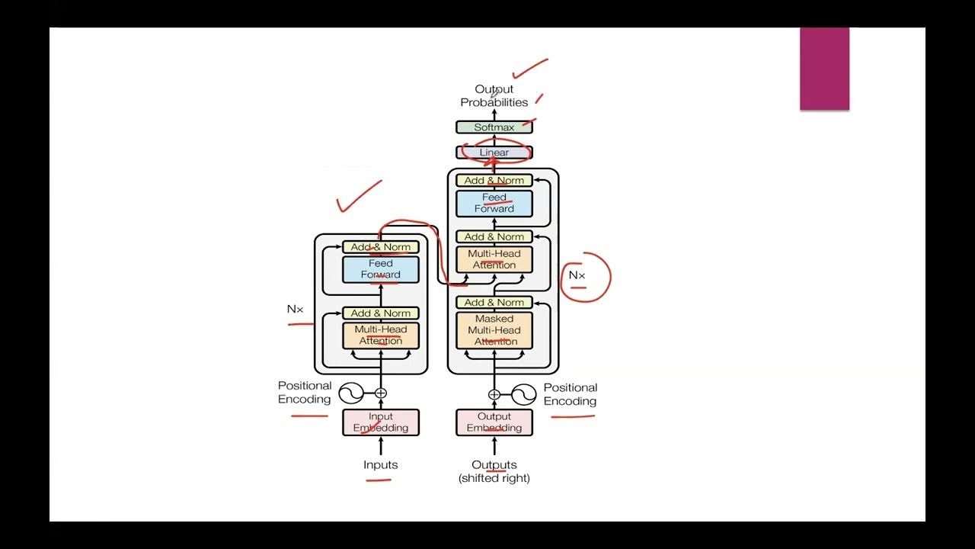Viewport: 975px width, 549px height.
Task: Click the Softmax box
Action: (x=494, y=127)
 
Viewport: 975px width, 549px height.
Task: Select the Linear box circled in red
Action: (x=494, y=152)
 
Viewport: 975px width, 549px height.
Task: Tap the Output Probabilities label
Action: (x=494, y=96)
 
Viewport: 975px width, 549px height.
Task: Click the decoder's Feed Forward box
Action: (x=494, y=203)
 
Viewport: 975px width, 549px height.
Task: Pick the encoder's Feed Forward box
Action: (x=380, y=269)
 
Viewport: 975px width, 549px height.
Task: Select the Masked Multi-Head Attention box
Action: (x=494, y=330)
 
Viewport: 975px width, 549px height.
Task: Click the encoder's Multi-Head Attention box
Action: (x=380, y=335)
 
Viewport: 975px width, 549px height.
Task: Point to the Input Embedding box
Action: (x=380, y=422)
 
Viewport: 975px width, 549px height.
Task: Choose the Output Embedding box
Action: (x=494, y=422)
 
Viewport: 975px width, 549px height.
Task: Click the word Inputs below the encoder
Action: (x=380, y=464)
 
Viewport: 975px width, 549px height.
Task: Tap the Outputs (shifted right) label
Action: (x=494, y=471)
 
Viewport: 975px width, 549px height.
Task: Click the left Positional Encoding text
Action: (x=305, y=393)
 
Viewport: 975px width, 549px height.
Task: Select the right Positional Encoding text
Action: (x=570, y=394)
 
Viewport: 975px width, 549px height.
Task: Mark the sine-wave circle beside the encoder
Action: (x=350, y=393)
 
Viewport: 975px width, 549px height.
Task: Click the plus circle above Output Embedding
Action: (x=494, y=394)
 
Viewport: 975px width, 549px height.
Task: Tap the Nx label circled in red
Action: (x=577, y=275)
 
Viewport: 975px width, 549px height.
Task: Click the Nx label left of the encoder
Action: (x=295, y=309)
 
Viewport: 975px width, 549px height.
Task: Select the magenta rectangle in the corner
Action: (x=824, y=69)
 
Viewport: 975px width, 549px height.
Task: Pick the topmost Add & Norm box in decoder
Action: (x=494, y=181)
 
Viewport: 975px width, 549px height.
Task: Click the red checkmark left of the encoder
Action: (x=358, y=197)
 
